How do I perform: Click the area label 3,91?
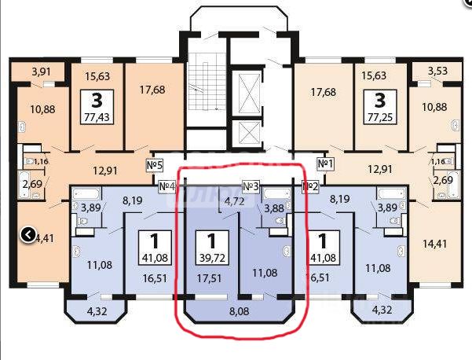pos(41,71)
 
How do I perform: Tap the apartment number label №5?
pos(155,165)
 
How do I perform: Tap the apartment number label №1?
pos(326,164)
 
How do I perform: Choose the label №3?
pos(251,186)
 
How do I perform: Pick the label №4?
pos(166,186)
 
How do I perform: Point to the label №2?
pos(311,186)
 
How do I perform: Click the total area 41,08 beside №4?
pos(153,255)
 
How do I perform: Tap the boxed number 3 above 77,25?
pos(380,100)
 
